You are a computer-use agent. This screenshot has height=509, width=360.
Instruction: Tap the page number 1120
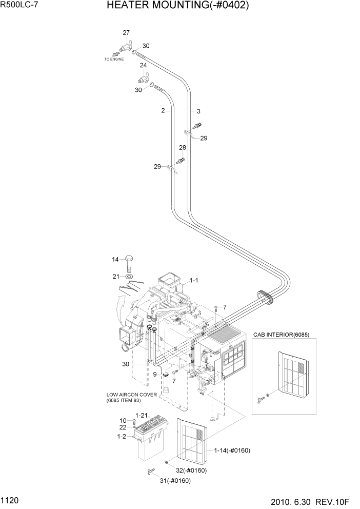pyautogui.click(x=11, y=499)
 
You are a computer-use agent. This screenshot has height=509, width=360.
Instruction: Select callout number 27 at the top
pyautogui.click(x=126, y=33)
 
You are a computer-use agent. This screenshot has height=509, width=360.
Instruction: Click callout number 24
pyautogui.click(x=144, y=65)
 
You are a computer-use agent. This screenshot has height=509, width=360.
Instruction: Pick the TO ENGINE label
pyautogui.click(x=114, y=59)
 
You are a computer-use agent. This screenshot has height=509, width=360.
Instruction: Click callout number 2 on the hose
pyautogui.click(x=163, y=110)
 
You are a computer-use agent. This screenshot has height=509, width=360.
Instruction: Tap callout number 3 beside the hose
pyautogui.click(x=198, y=111)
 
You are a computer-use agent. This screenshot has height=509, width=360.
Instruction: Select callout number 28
pyautogui.click(x=182, y=148)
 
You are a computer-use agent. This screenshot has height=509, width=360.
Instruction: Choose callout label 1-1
pyautogui.click(x=195, y=280)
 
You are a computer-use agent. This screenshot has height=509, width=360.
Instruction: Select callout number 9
pyautogui.click(x=155, y=374)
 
